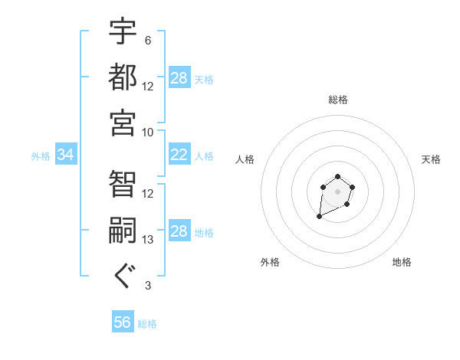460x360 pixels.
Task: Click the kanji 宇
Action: click(x=123, y=31)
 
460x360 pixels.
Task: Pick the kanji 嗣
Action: click(x=123, y=231)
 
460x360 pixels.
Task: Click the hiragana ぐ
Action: click(x=123, y=276)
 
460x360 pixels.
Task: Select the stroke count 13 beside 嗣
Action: click(x=148, y=240)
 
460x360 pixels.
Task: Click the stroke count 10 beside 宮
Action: click(x=148, y=132)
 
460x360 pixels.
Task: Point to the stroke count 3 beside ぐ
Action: click(x=148, y=286)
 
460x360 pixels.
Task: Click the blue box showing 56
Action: click(x=123, y=322)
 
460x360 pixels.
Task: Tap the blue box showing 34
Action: click(x=66, y=155)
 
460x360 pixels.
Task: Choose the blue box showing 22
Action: click(x=179, y=155)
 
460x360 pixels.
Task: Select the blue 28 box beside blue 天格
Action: click(x=179, y=78)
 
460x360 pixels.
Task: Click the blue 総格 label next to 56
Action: click(x=147, y=324)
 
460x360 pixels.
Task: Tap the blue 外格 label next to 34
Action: click(x=41, y=156)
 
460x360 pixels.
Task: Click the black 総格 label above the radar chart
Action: click(x=337, y=100)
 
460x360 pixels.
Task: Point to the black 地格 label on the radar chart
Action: click(x=402, y=262)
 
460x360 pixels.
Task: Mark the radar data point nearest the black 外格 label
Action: click(x=319, y=218)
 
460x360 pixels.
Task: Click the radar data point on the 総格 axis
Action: click(x=337, y=177)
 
